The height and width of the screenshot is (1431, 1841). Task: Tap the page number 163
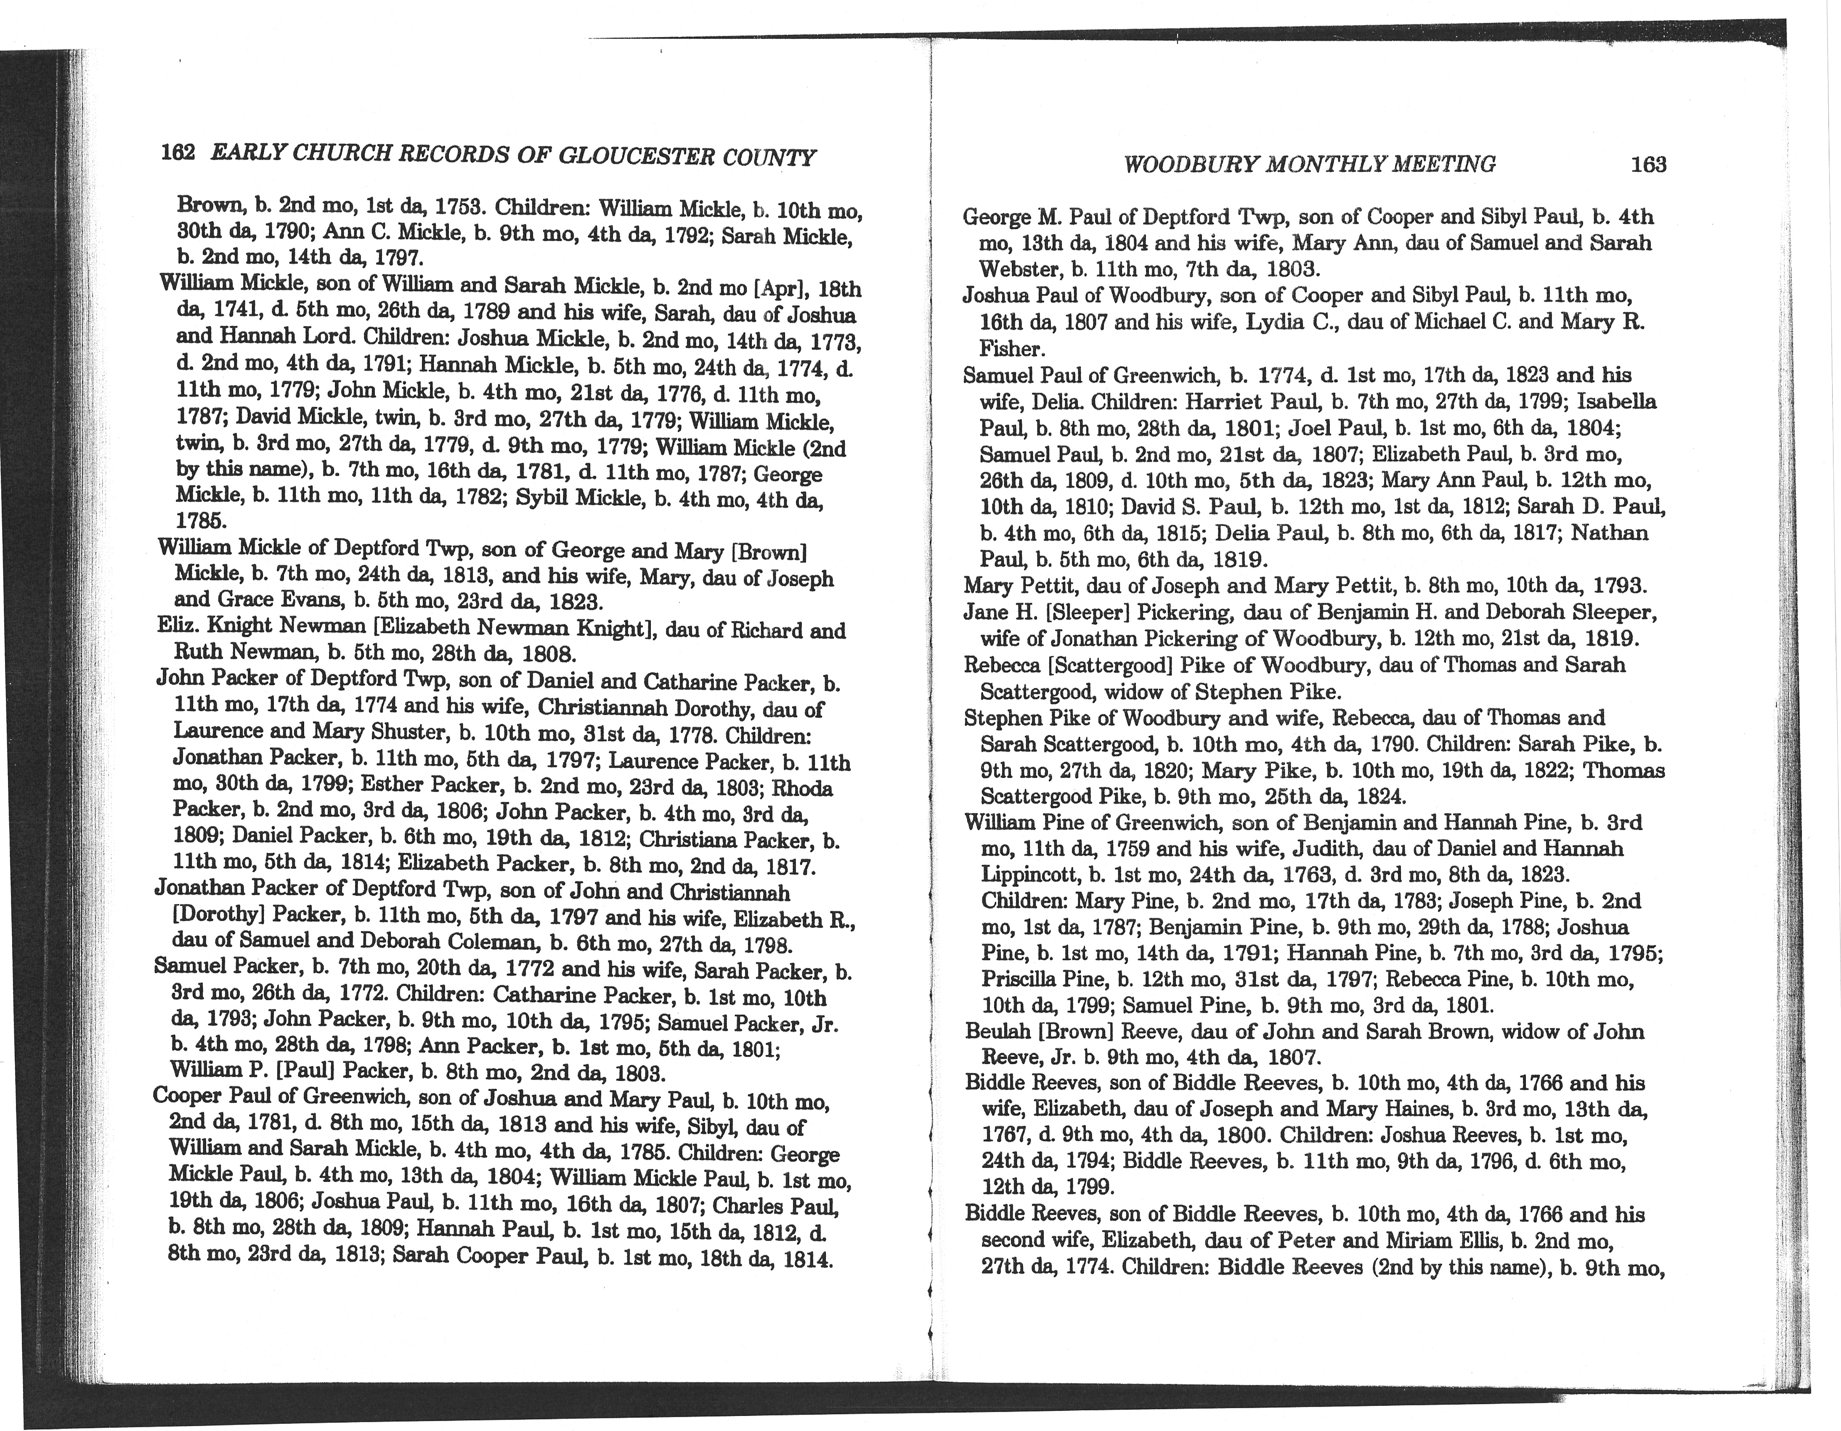(x=1648, y=165)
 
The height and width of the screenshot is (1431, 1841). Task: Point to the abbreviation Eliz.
(x=178, y=626)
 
